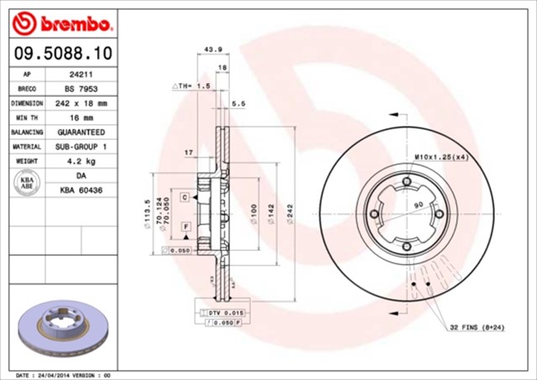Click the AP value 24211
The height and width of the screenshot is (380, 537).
(x=80, y=74)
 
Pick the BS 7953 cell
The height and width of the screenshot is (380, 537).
(x=80, y=88)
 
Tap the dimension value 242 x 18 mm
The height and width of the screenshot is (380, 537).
(x=80, y=103)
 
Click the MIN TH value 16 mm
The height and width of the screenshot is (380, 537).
(x=80, y=117)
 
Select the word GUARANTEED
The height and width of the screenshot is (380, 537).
(x=80, y=132)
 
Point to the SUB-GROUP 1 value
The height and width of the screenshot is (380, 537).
(x=80, y=146)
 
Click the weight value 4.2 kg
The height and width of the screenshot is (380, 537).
(x=80, y=160)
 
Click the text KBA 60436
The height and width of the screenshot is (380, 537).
(x=80, y=190)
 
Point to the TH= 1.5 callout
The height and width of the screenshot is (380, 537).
(x=191, y=86)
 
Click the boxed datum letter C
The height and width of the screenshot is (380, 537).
(x=184, y=195)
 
